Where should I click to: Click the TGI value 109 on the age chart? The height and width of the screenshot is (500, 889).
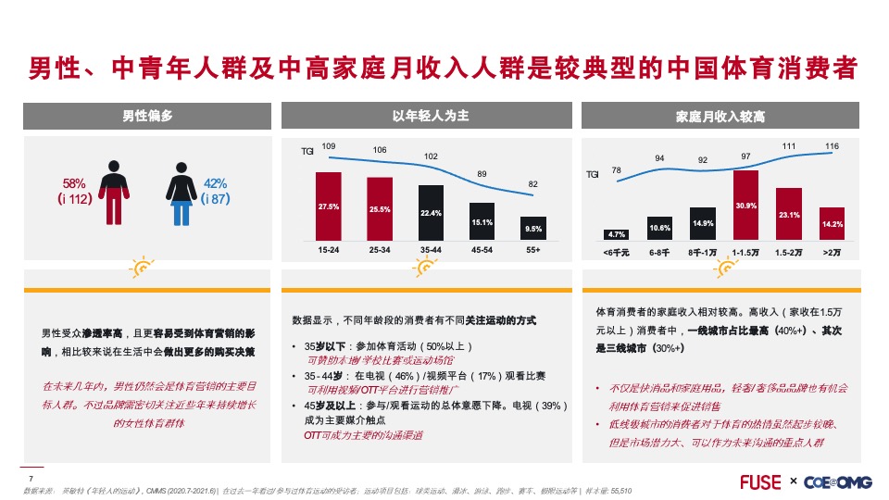point(328,145)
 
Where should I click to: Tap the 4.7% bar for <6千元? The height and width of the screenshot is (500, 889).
point(616,234)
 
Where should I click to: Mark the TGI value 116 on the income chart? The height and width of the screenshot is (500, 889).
point(833,146)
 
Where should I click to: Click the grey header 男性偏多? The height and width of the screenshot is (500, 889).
point(148,116)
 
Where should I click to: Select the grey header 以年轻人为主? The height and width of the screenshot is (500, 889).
point(431,116)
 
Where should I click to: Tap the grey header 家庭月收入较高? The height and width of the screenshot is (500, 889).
point(721,117)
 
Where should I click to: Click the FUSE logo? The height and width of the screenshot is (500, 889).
point(761,481)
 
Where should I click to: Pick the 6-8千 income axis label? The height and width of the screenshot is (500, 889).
point(659,251)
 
